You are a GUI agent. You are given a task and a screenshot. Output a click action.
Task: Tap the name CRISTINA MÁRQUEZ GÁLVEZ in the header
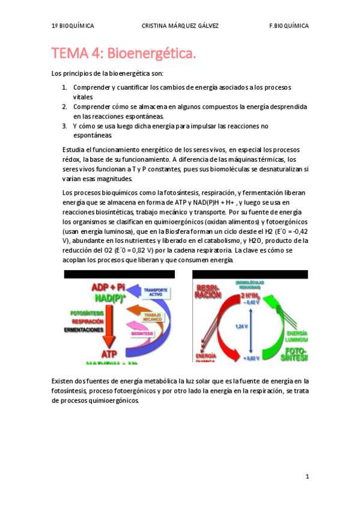tap(180, 26)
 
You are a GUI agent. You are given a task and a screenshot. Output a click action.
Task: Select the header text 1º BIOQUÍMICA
tap(73, 26)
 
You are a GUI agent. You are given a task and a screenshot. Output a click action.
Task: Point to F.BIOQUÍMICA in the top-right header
tap(289, 26)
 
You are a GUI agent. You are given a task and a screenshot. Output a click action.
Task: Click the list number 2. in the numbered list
tap(65, 106)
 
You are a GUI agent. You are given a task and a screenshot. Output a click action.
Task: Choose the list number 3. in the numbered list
tap(65, 126)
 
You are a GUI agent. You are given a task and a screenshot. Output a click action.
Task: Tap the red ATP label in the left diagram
tap(110, 354)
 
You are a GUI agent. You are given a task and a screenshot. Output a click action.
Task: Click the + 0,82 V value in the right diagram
tap(252, 358)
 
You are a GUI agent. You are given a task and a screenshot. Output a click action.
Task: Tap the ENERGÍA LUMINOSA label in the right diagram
tap(297, 336)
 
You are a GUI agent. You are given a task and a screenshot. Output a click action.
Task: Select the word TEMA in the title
tap(70, 54)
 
